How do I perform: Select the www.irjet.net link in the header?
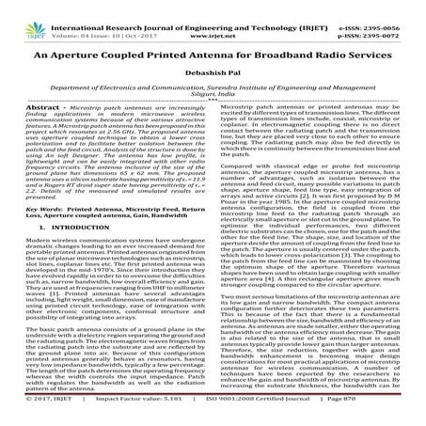click(212, 16)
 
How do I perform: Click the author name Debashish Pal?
click(213, 60)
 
